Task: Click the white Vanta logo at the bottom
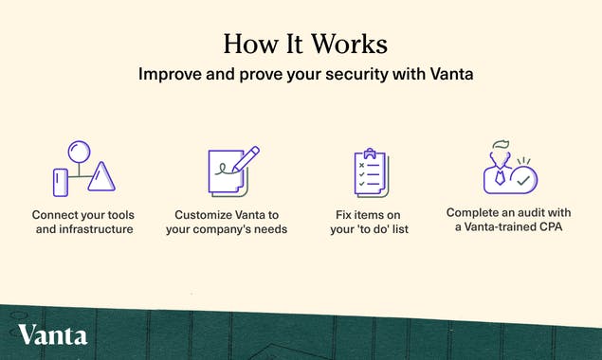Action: coord(52,334)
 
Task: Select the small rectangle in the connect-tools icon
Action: coord(61,181)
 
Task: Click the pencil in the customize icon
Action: coord(246,160)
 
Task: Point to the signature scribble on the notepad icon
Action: coord(224,173)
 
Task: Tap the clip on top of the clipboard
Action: coord(371,152)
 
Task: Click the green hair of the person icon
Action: coord(499,146)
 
